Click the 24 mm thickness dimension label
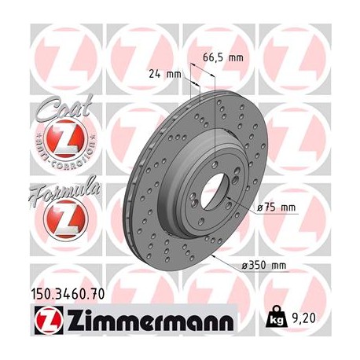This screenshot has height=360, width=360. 165,75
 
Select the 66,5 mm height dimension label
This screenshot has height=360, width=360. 226,57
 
